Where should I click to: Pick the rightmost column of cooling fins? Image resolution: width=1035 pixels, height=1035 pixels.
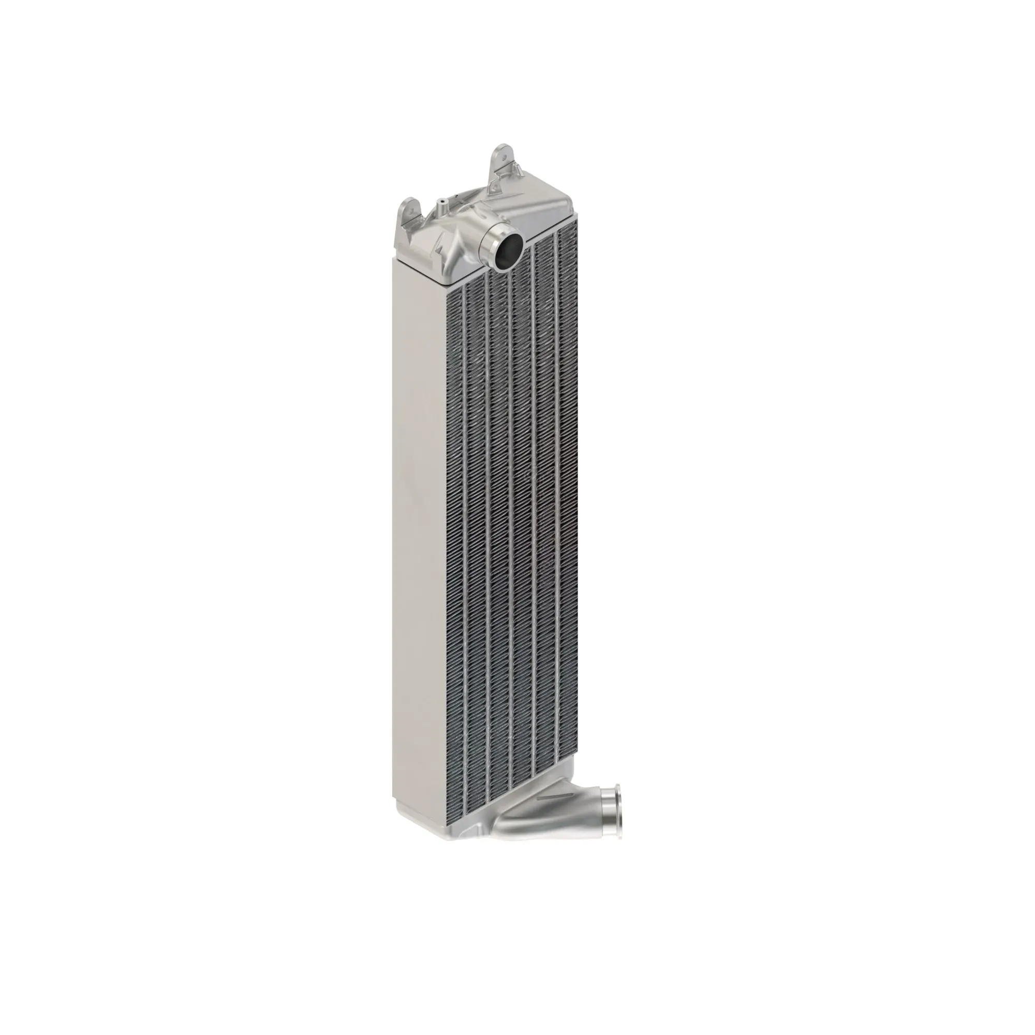pos(569,482)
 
